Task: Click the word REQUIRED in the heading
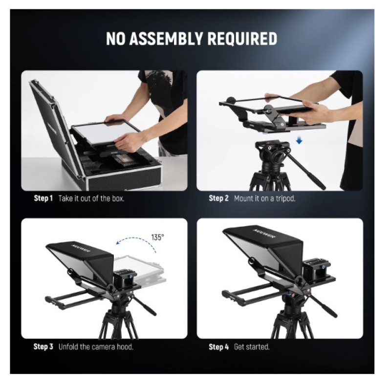(242, 39)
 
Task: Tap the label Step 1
(43, 198)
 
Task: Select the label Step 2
(218, 198)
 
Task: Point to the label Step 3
(43, 347)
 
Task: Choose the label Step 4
(218, 347)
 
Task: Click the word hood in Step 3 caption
(125, 347)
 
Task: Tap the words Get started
(252, 347)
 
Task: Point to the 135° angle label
(157, 237)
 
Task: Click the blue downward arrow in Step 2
(299, 141)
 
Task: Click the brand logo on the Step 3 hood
(81, 248)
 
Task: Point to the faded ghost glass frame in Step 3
(138, 271)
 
